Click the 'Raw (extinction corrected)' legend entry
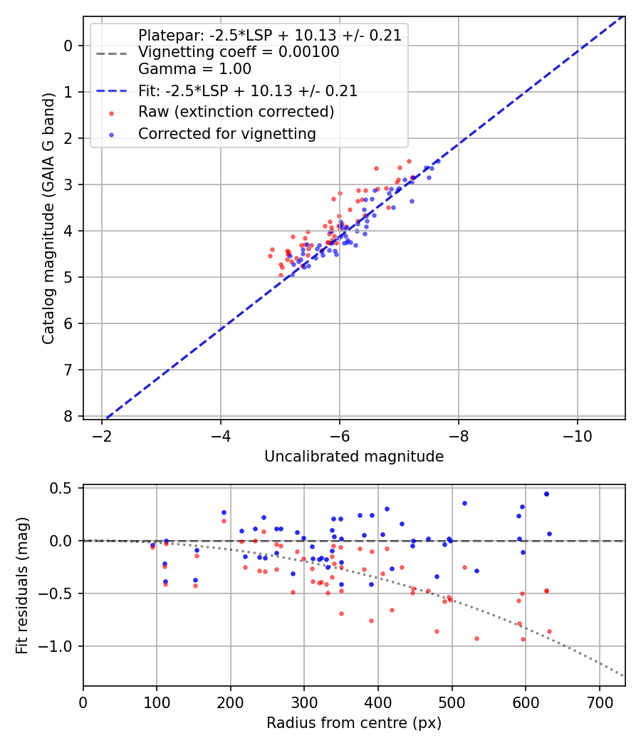click(236, 112)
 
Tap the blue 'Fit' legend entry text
click(247, 91)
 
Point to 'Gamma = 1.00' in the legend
click(194, 70)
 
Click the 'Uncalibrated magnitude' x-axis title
click(354, 457)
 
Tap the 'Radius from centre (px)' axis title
click(354, 723)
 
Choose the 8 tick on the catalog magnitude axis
click(68, 416)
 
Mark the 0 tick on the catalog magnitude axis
click(68, 46)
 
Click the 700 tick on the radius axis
click(599, 701)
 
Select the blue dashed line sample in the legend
click(111, 91)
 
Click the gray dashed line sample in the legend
click(111, 53)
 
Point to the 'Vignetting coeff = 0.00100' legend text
click(239, 53)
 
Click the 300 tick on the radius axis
click(304, 701)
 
